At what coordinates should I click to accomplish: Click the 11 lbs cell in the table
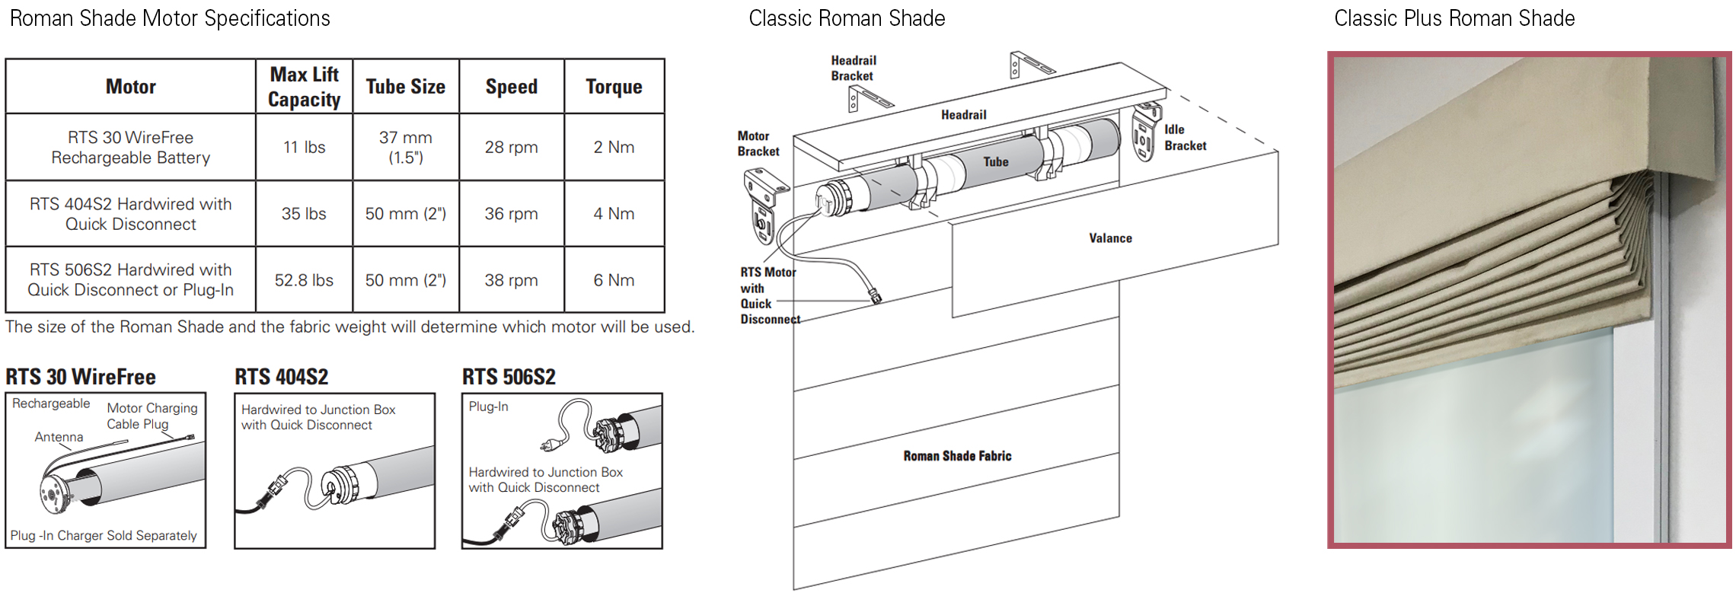[x=304, y=147]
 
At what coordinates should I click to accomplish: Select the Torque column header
[x=614, y=87]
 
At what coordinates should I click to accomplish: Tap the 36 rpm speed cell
[x=511, y=214]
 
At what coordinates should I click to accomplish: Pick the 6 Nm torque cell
[x=614, y=280]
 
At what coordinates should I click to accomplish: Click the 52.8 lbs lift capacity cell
[x=304, y=280]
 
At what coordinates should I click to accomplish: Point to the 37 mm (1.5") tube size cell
[x=406, y=147]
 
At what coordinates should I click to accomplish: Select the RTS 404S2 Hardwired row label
[x=131, y=214]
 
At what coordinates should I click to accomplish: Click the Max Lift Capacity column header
[x=305, y=87]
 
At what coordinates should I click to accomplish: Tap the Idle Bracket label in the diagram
[x=1185, y=138]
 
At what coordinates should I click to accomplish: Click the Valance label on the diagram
[x=1110, y=238]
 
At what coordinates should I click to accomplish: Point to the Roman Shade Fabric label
[x=957, y=456]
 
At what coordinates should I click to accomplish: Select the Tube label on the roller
[x=995, y=162]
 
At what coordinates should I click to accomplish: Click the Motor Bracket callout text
[x=758, y=144]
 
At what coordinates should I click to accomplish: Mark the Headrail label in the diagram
[x=963, y=115]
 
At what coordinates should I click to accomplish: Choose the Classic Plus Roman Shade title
[x=1454, y=18]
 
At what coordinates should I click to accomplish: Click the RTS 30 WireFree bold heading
[x=81, y=377]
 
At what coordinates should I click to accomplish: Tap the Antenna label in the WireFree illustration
[x=59, y=437]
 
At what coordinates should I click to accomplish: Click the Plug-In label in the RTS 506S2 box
[x=488, y=407]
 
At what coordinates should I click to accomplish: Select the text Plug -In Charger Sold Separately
[x=104, y=536]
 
